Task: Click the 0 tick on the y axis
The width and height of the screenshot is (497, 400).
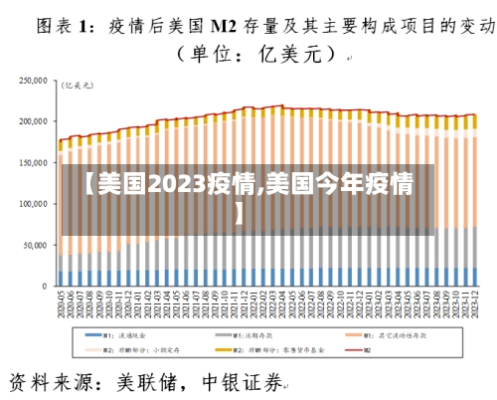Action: point(46,287)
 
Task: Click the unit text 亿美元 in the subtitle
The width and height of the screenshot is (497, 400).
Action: point(288,56)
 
